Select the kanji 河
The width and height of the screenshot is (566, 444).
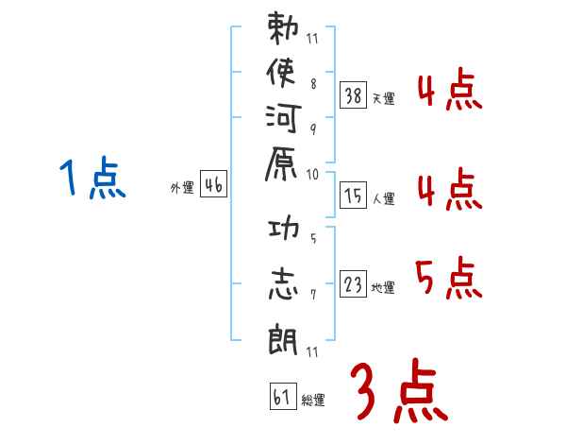coord(282,121)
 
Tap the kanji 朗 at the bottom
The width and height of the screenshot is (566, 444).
coord(282,335)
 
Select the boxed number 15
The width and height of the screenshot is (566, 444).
coord(354,196)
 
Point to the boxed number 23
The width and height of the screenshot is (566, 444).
coord(354,285)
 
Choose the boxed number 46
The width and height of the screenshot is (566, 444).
coord(212,186)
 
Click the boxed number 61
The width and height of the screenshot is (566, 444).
coord(282,396)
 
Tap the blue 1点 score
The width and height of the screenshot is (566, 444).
coord(92,179)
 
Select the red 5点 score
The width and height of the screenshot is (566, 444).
coord(448,279)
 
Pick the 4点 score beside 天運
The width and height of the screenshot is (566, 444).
coord(448,94)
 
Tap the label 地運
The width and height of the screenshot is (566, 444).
coord(383,288)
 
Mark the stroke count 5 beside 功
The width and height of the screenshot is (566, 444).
coord(312,237)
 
